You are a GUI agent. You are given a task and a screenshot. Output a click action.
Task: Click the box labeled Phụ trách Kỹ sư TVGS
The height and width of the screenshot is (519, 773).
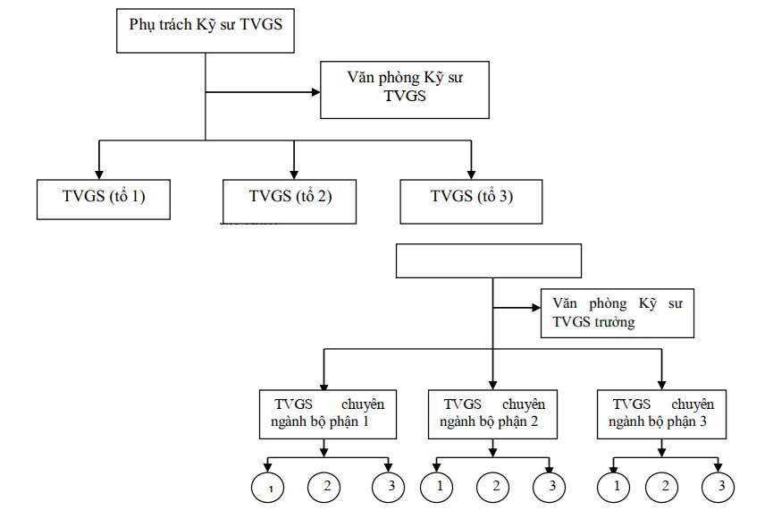(x=206, y=29)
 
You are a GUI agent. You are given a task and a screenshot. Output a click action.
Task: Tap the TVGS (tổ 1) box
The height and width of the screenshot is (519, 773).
(x=103, y=199)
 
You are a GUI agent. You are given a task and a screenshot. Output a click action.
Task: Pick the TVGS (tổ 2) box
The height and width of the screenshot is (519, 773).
(x=290, y=199)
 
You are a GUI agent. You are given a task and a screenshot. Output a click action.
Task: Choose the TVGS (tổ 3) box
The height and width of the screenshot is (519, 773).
(x=471, y=199)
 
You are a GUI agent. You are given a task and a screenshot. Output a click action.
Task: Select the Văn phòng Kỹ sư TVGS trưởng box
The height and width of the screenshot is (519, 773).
(x=617, y=312)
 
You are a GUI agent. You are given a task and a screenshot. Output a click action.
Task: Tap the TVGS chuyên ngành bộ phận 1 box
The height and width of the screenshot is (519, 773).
(x=328, y=413)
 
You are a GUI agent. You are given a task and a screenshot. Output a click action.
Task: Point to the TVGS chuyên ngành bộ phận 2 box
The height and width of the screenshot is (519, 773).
(x=493, y=413)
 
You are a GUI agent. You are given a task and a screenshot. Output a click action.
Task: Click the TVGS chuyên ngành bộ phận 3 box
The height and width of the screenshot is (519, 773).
(x=661, y=413)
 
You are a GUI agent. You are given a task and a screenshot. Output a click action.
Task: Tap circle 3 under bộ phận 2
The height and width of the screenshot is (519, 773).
(x=550, y=486)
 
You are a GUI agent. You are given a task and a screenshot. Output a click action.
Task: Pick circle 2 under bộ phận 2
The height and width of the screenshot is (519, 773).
(x=493, y=486)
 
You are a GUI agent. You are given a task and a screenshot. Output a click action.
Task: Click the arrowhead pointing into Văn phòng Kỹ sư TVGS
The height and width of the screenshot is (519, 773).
(x=315, y=90)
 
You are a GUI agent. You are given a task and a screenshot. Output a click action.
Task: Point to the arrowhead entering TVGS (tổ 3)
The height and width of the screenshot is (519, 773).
(x=471, y=174)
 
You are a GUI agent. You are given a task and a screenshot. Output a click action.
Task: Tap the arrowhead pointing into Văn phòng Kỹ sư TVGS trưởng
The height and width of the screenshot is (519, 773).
(x=534, y=309)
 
